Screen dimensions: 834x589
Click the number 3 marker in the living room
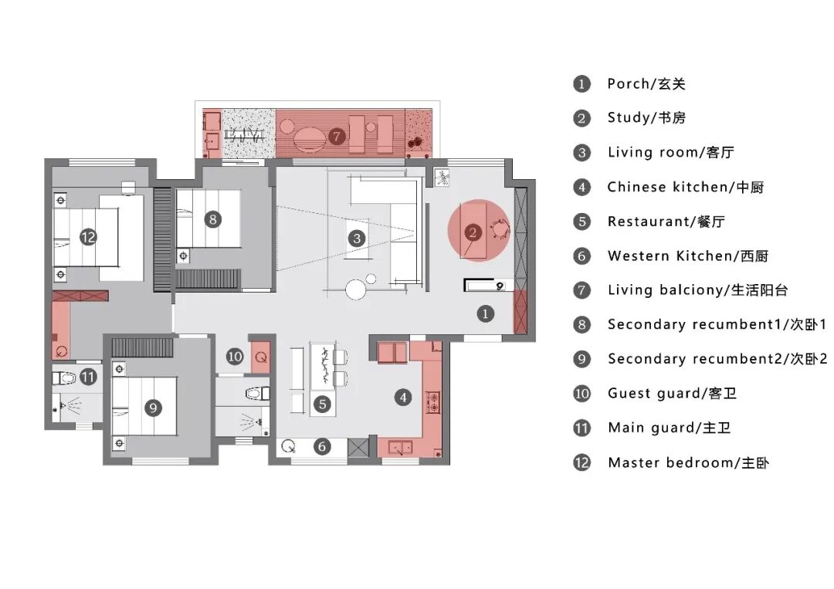coord(357,239)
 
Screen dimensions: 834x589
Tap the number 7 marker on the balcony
coord(336,137)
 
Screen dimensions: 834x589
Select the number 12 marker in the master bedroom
coord(88,237)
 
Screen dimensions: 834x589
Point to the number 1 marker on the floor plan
coord(485,313)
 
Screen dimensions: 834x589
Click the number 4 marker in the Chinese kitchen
coord(403,397)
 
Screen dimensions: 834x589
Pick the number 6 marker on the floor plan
coord(322,446)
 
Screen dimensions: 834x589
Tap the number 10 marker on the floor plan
coord(235,356)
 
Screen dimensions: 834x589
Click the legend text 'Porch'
coord(628,83)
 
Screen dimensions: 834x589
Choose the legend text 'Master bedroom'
coord(670,462)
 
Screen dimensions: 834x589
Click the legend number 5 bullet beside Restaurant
coord(582,221)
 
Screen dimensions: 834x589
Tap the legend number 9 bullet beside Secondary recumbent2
coord(582,360)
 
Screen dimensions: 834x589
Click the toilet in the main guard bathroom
coord(64,378)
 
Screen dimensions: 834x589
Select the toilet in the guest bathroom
coord(258,394)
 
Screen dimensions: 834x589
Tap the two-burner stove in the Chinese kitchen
coord(433,402)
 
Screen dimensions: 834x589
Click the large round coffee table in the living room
coord(355,290)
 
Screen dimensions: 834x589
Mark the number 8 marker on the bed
coord(213,219)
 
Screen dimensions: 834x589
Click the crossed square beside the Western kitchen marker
coord(358,447)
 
